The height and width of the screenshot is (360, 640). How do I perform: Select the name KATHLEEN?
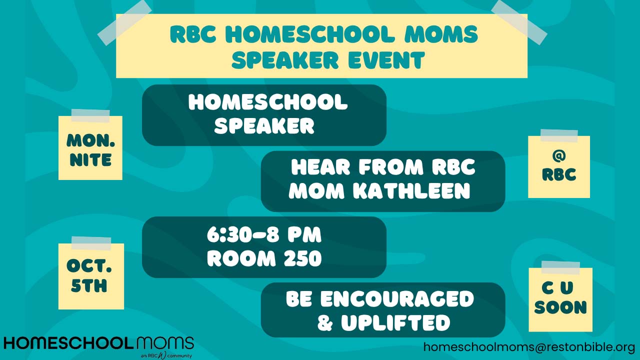[x=411, y=191]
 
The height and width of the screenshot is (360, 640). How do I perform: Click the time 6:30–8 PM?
[x=264, y=235]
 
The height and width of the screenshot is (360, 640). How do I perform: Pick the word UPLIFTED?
[x=395, y=322]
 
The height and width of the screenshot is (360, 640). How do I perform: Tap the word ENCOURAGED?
[x=397, y=299]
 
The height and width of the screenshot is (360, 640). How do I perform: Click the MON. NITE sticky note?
[x=90, y=147]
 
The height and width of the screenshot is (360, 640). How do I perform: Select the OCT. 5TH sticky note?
[x=91, y=276]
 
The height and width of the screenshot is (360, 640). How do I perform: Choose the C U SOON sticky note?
[x=560, y=299]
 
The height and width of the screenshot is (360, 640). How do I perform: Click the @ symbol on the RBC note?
[x=559, y=156]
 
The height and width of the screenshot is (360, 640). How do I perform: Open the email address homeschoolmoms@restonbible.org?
[x=525, y=347]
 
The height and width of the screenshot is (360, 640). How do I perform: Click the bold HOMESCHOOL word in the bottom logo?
[x=68, y=343]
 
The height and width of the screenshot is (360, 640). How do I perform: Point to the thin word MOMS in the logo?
[x=165, y=343]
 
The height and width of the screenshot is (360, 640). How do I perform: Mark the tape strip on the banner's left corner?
[x=124, y=23]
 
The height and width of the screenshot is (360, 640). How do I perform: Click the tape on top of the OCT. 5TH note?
[x=91, y=243]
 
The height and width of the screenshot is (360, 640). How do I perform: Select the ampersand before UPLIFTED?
[x=325, y=323]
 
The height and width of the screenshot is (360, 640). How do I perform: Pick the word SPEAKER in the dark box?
[x=264, y=125]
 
